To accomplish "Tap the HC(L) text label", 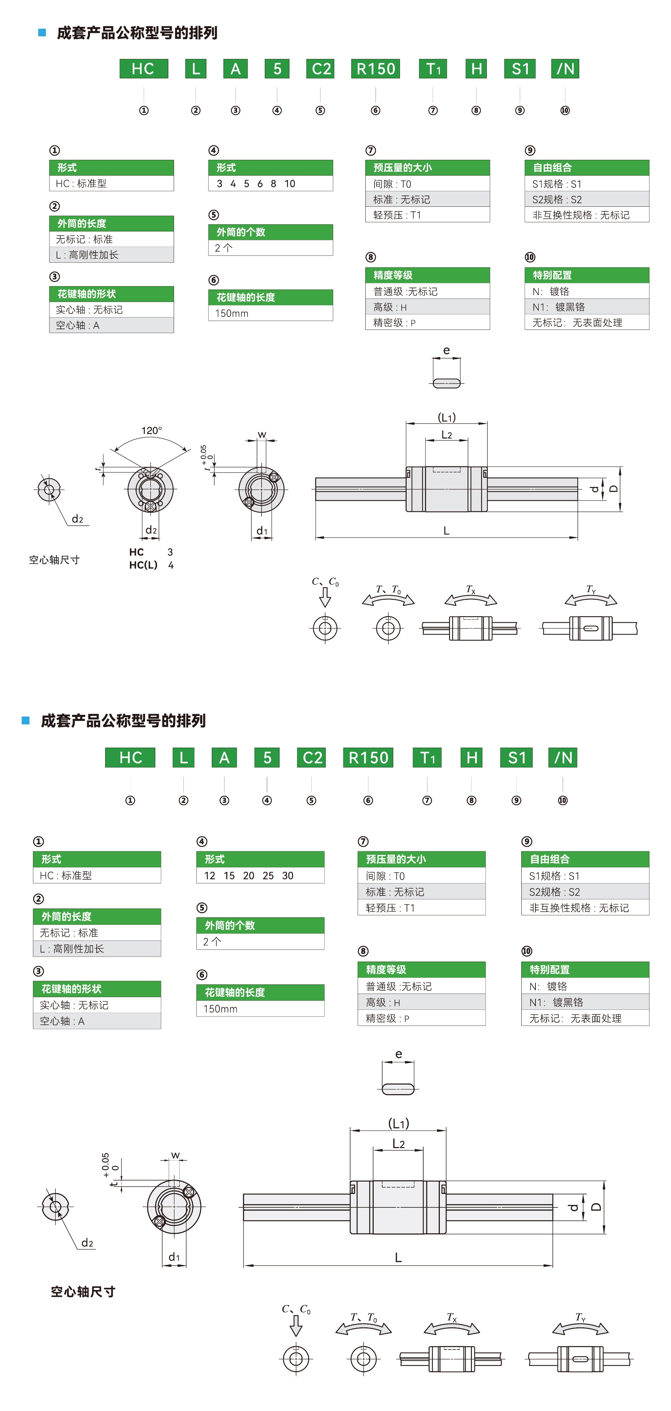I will point(143,565).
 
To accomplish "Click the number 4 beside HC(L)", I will point(171,565).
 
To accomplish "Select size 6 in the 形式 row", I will point(260,183).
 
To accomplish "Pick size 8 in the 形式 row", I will point(273,183).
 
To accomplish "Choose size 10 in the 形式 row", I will point(290,183).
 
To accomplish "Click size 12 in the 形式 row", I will point(210,876).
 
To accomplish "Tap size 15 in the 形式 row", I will point(229,876).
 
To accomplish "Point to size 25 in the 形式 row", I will point(268,876).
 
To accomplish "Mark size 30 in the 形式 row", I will point(288,876).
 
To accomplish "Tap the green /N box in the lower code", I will point(563,758).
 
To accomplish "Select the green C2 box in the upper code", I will point(321,69).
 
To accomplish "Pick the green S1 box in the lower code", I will point(516,758).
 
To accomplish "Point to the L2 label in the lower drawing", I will point(398,1144).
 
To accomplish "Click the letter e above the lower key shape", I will point(398,1054).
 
